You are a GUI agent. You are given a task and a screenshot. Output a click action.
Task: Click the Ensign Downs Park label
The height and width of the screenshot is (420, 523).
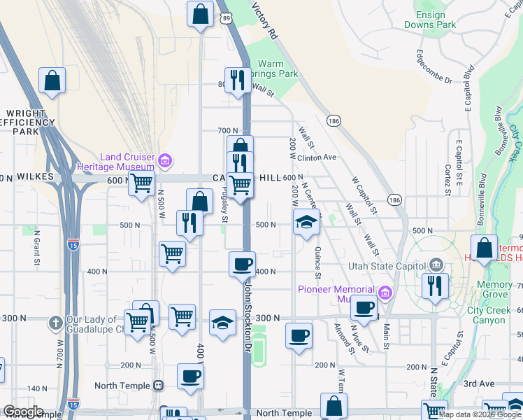430,20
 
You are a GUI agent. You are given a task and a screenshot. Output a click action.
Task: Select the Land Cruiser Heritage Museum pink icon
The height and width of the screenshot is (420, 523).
165,162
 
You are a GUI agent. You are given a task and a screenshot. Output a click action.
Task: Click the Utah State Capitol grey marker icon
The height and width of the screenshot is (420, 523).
436,265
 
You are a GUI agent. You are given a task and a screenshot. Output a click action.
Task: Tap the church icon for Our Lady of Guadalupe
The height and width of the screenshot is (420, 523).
55,323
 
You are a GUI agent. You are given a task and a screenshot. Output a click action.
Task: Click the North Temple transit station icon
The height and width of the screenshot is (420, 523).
159,386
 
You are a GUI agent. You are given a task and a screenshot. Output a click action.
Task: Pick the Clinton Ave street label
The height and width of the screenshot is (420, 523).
319,157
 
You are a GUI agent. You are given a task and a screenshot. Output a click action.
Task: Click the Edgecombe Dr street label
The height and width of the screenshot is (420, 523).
434,66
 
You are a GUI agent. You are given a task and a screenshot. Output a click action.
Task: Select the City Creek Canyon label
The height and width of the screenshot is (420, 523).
486,315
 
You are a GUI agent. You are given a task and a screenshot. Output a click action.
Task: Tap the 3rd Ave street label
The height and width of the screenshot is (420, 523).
478,384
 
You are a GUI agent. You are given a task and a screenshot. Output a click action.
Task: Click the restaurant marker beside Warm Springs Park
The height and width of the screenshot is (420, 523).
238,80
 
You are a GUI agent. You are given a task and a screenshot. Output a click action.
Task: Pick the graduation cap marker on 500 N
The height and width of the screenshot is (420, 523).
306,222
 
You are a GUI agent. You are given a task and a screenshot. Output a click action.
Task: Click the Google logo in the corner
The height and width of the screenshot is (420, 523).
23,412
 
